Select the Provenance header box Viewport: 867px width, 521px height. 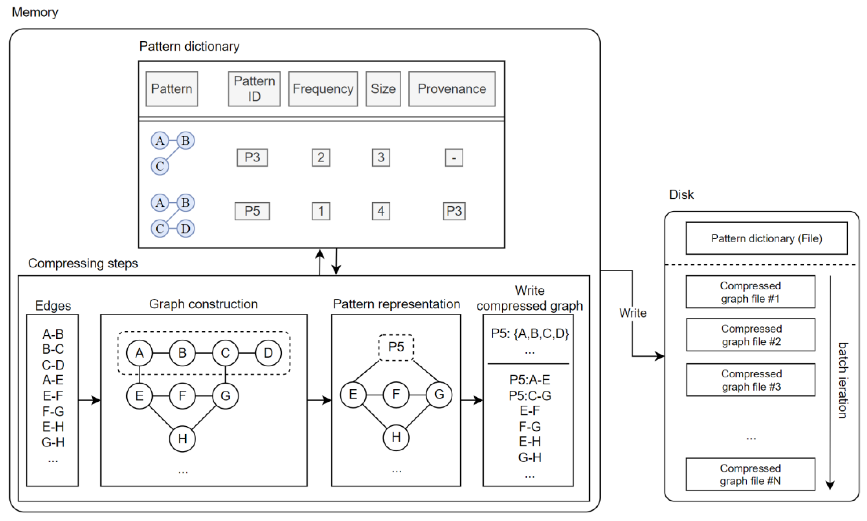(x=452, y=89)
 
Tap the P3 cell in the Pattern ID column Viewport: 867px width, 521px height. (x=252, y=157)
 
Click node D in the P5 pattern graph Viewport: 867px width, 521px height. (x=185, y=228)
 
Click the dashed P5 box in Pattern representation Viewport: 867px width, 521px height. (x=396, y=347)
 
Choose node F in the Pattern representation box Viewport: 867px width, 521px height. (x=396, y=394)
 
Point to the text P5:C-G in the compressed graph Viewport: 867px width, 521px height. (x=529, y=396)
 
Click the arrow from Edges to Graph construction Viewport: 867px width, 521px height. (x=89, y=400)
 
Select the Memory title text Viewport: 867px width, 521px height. (x=35, y=12)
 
